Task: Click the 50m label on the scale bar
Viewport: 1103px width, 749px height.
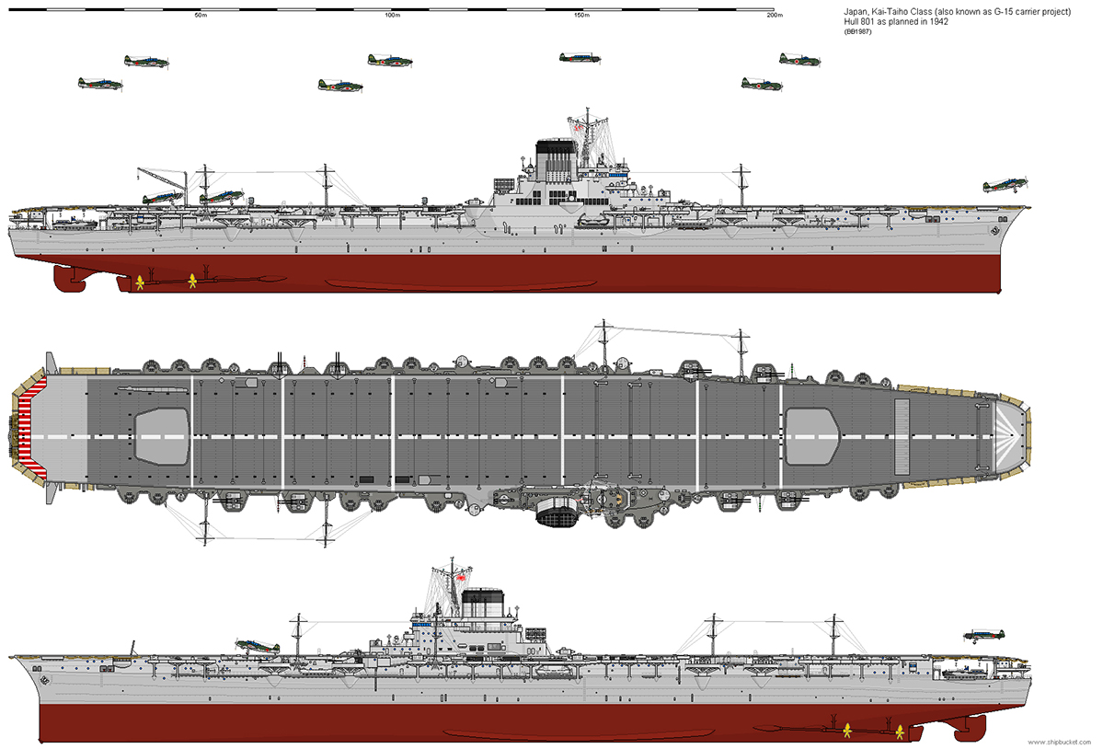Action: pos(201,16)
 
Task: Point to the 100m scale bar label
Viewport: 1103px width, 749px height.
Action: pos(393,16)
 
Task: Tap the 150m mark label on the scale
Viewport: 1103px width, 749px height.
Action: pos(581,16)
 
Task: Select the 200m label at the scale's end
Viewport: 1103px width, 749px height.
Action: pos(775,16)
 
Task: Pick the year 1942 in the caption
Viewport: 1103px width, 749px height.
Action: pos(938,22)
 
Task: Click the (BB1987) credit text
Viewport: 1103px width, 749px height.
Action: pos(857,31)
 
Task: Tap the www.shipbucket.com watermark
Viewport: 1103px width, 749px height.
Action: pos(1060,742)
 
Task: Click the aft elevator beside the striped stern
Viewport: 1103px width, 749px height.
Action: pos(162,436)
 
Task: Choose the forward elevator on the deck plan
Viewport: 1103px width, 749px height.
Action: pos(812,436)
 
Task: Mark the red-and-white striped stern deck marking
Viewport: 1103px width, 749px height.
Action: pos(31,428)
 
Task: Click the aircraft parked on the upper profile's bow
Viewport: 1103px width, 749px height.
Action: pos(1005,186)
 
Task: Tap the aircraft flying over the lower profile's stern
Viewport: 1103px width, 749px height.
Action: pos(983,636)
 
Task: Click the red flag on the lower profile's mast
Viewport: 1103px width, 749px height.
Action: pos(462,578)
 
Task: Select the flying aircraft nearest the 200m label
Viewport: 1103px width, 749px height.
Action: pos(799,59)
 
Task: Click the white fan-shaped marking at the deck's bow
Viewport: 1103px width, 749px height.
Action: pos(1005,435)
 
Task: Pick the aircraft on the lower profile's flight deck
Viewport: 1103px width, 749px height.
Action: pos(258,646)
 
